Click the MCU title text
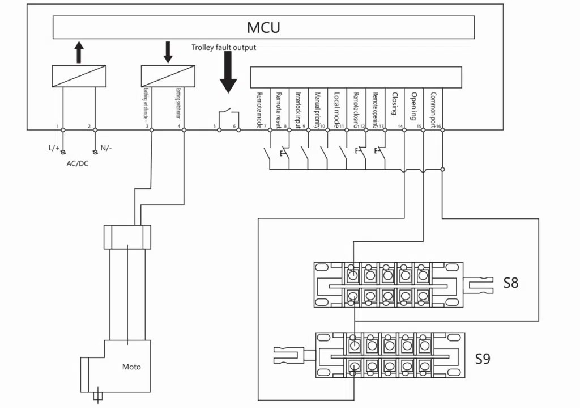(x=263, y=27)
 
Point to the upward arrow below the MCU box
(x=79, y=52)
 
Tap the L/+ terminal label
(x=54, y=148)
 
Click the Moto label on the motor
(x=131, y=367)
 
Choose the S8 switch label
(x=511, y=282)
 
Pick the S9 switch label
(x=483, y=359)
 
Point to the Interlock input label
(x=298, y=108)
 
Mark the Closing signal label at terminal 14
(x=395, y=104)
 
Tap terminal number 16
(x=438, y=125)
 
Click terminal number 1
(x=57, y=125)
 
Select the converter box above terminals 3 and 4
(x=168, y=76)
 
